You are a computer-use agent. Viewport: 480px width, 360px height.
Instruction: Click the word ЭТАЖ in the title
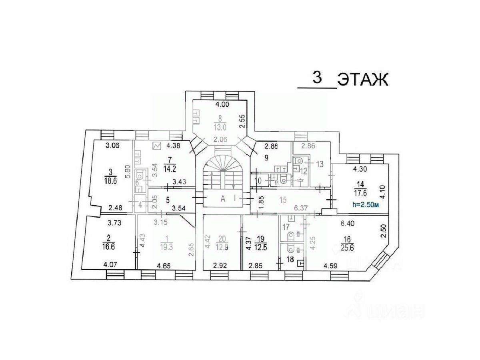[x=362, y=80]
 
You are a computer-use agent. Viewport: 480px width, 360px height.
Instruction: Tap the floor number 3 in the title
[x=316, y=78]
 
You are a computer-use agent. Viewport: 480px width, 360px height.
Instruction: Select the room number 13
[x=319, y=164]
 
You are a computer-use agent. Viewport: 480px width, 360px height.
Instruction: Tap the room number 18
[x=290, y=259]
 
